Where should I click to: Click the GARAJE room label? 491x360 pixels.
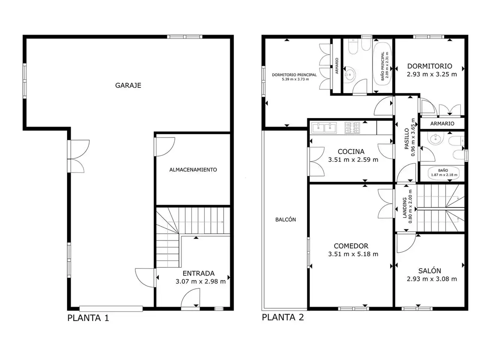[128, 85]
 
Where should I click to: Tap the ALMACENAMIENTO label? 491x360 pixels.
[193, 169]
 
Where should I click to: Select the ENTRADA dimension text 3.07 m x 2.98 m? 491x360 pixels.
[201, 281]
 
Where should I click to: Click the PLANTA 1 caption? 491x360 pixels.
[88, 318]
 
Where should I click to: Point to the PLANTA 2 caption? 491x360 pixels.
[283, 317]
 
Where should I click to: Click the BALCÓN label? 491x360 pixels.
[285, 219]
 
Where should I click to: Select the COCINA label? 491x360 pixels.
[351, 151]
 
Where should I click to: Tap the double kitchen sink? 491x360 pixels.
[324, 128]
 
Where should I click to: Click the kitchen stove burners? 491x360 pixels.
[352, 128]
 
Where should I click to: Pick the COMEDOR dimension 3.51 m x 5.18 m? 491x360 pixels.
[353, 254]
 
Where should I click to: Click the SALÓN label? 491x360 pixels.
[429, 271]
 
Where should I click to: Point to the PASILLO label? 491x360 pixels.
[407, 139]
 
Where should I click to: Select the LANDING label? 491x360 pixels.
[405, 208]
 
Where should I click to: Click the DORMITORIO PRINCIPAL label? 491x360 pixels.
[294, 75]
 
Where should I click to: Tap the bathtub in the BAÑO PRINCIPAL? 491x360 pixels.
[382, 66]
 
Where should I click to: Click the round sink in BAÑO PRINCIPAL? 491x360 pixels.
[349, 75]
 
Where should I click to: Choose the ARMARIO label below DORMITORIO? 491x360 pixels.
[442, 124]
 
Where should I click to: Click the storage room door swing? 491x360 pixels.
[165, 147]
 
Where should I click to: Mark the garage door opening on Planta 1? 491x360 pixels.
[111, 309]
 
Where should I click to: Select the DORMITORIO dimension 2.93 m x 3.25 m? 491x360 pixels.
[432, 74]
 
